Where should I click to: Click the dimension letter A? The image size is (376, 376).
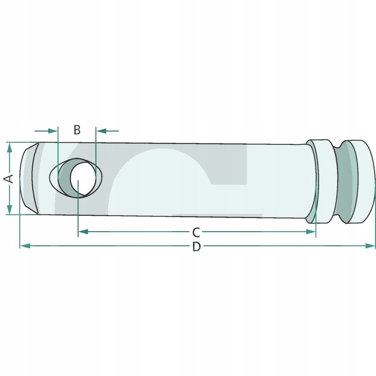tap(8, 178)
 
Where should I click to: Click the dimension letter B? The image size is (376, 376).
tap(78, 130)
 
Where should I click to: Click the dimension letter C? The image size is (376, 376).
tap(196, 232)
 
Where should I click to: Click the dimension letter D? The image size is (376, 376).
tap(196, 246)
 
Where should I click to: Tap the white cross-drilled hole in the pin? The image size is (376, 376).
tap(82, 178)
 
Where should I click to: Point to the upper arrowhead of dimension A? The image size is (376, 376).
tap(9, 147)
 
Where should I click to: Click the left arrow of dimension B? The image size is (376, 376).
tap(52, 130)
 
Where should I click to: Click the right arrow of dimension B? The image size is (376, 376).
tap(100, 130)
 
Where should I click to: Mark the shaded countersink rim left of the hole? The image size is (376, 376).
tap(61, 178)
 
